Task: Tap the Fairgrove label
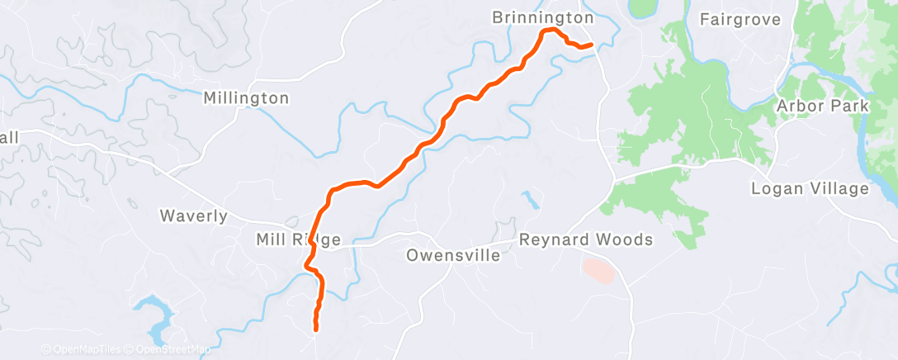740,18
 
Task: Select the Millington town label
246,98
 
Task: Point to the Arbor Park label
822,106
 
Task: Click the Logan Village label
810,189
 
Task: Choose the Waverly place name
193,216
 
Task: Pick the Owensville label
453,255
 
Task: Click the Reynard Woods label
586,239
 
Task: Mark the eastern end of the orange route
591,45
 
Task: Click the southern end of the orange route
316,329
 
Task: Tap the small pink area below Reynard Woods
598,269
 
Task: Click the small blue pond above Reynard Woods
529,199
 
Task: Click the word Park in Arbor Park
851,106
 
